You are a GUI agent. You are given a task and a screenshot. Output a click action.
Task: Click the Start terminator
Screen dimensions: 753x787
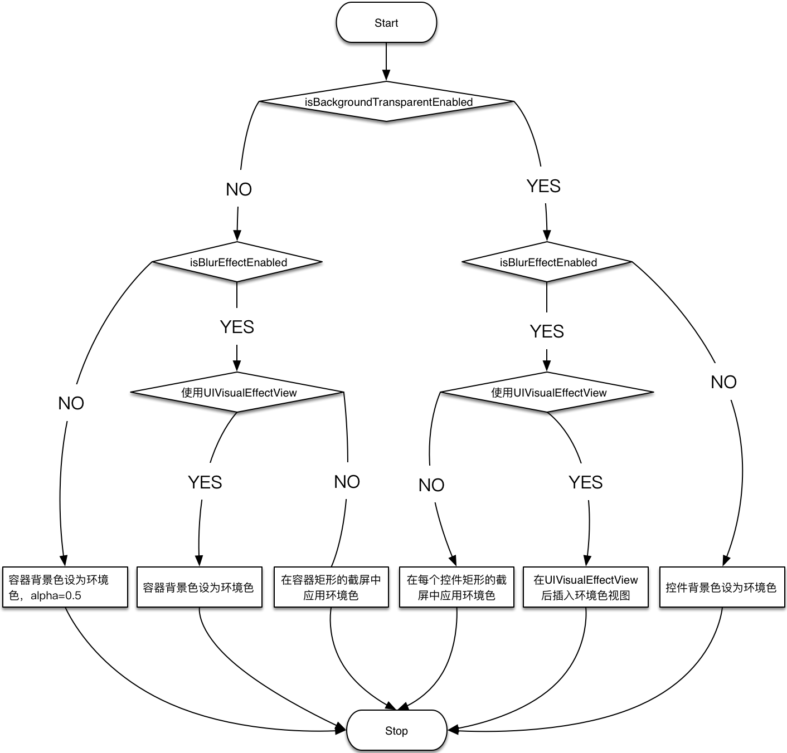coord(386,22)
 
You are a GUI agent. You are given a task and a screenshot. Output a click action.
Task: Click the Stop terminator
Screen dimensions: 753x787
coord(396,730)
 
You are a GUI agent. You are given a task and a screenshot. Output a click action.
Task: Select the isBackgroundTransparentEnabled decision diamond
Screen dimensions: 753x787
coord(386,101)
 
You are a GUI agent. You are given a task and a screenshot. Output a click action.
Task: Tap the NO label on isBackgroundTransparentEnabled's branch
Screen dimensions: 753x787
coord(239,188)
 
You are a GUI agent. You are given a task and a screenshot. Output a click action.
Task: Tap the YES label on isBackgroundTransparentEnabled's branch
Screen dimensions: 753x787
coord(543,185)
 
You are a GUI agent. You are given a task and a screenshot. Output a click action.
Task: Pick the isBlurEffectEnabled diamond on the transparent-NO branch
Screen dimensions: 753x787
coord(237,262)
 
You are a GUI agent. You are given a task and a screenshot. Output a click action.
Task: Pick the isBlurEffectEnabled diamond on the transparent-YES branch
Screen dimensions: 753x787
coord(547,262)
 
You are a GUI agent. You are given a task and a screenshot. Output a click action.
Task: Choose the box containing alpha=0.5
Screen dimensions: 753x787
coord(65,587)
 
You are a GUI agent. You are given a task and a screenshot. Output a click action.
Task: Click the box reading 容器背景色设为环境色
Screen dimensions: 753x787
coord(199,587)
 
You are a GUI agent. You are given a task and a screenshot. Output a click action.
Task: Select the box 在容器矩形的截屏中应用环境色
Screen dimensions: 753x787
coord(331,587)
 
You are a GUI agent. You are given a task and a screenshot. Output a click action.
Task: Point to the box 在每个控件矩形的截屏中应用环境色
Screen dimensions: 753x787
coord(456,587)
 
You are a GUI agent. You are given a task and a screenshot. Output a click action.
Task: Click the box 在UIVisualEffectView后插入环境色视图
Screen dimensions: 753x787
coord(585,587)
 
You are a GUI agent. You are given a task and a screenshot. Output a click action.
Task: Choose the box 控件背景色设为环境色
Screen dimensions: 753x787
coord(722,587)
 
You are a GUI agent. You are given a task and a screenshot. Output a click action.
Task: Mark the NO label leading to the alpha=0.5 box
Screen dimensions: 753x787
coord(71,402)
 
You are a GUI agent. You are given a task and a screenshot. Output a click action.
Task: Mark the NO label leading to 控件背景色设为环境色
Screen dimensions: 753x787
coord(723,382)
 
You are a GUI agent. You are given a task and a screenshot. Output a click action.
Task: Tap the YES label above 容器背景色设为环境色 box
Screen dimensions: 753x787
coord(205,481)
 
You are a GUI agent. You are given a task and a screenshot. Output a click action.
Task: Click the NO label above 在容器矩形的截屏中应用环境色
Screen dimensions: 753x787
coord(347,481)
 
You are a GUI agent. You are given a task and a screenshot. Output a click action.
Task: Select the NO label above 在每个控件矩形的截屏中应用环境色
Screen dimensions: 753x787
coord(431,484)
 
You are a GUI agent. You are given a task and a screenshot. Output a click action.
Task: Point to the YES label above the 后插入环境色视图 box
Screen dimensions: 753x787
coord(585,481)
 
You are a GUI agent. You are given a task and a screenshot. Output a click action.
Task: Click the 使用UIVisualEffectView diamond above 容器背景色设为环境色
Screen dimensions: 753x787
coord(237,392)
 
